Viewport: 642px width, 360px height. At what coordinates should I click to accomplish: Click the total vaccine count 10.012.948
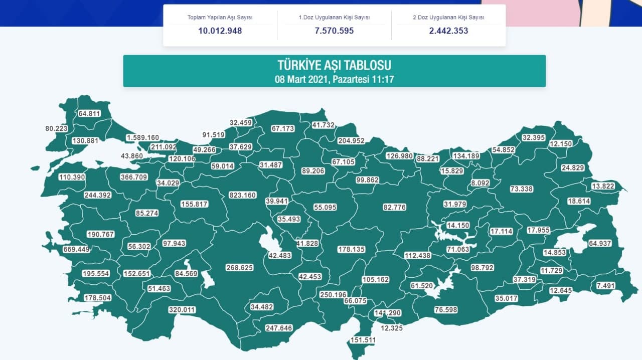[x=220, y=31]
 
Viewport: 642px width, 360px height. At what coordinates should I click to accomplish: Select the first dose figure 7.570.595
[x=334, y=31]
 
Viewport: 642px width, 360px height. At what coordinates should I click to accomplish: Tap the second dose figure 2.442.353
[x=448, y=31]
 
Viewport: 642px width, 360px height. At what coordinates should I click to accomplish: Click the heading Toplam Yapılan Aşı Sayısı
[x=220, y=17]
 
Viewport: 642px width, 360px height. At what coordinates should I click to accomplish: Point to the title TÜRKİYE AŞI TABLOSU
[x=334, y=65]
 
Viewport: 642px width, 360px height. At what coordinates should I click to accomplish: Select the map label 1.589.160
[x=142, y=137]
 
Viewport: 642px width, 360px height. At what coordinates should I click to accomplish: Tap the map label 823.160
[x=242, y=195]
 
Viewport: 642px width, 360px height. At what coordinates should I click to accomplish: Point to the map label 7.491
[x=605, y=286]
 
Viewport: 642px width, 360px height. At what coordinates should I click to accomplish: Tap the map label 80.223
[x=56, y=129]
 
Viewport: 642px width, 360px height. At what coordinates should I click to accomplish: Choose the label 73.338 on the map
[x=522, y=189]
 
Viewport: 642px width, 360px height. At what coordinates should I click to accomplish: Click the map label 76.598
[x=446, y=310]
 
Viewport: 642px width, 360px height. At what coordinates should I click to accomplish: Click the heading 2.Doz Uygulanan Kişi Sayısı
[x=448, y=17]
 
